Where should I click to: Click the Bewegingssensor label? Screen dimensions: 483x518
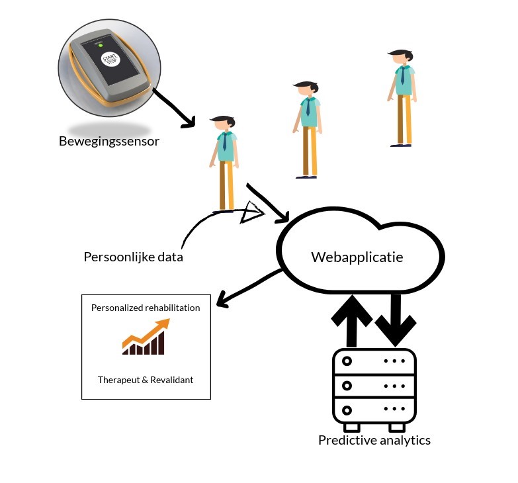point(109,141)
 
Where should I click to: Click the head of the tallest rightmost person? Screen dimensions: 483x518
point(400,58)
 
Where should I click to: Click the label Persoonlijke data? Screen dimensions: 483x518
point(133,257)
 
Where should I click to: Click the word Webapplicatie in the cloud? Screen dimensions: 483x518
point(357,257)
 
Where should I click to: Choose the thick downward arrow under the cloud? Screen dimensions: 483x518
point(396,320)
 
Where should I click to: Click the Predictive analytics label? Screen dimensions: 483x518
point(374,440)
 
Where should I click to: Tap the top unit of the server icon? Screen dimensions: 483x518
point(374,362)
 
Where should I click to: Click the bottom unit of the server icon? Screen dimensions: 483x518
point(374,410)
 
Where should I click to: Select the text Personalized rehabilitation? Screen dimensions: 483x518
point(146,308)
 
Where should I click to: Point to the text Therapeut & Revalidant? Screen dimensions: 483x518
point(146,380)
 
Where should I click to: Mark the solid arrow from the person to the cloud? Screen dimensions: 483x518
point(269,202)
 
